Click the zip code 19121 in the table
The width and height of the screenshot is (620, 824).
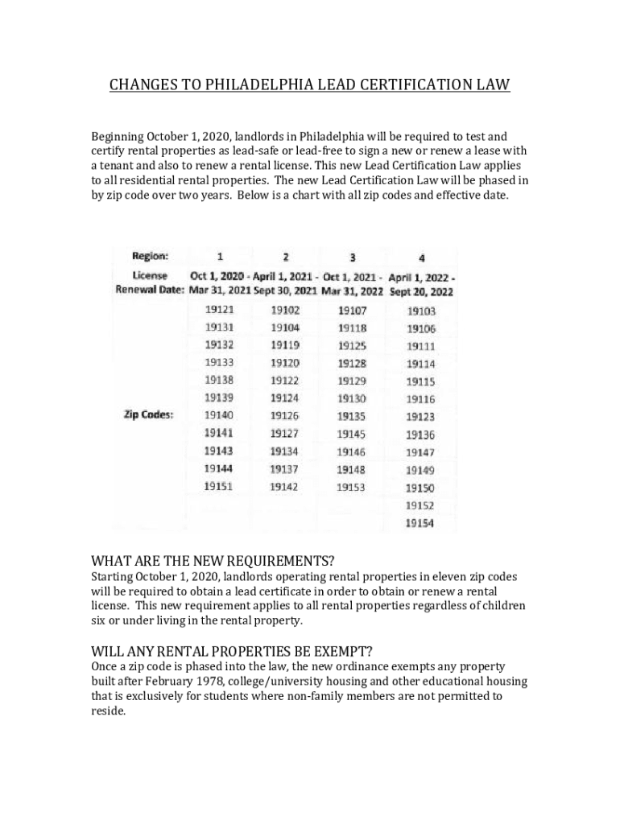[218, 310]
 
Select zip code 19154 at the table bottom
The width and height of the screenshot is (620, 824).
[420, 523]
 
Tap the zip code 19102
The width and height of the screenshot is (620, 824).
[284, 310]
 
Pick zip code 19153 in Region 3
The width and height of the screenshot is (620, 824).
[351, 487]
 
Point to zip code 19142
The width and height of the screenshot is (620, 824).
[284, 487]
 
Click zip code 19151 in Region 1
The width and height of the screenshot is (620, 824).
[218, 487]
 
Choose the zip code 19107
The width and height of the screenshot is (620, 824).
[352, 310]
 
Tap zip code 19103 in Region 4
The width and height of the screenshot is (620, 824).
[420, 311]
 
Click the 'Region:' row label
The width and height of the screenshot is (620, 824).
[151, 256]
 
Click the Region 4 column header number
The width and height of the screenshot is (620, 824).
[422, 257]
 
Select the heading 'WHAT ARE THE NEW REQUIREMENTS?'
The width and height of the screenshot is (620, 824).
[213, 560]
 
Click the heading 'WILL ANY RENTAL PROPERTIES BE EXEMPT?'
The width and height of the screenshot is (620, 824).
[232, 650]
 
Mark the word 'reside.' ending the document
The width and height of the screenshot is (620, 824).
[109, 712]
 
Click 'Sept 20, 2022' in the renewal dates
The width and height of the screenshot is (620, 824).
[421, 292]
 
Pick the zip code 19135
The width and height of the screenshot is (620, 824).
[351, 416]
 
